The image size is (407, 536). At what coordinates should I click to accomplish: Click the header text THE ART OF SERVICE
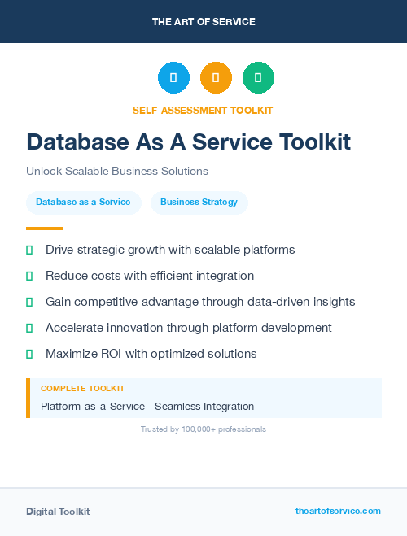[x=203, y=22]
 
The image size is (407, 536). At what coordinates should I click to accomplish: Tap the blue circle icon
[x=173, y=78]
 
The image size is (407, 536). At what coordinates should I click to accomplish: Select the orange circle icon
[x=216, y=78]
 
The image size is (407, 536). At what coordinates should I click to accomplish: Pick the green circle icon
[x=258, y=78]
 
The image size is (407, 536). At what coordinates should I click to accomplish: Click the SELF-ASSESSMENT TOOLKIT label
[x=203, y=110]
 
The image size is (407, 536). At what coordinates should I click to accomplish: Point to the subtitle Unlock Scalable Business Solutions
[x=117, y=172]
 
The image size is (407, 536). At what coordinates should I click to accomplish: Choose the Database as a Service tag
[x=83, y=203]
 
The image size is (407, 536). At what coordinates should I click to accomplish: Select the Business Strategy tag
[x=199, y=203]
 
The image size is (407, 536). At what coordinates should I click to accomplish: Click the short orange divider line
[x=44, y=229]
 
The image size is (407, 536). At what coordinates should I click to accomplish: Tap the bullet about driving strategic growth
[x=170, y=250]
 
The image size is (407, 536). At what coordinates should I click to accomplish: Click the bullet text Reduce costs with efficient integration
[x=150, y=276]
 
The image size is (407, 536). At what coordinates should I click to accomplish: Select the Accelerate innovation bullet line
[x=188, y=328]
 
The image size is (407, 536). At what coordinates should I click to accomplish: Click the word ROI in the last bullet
[x=112, y=354]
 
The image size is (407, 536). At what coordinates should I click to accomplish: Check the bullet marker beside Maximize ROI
[x=29, y=354]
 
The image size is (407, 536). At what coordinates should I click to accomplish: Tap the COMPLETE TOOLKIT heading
[x=82, y=389]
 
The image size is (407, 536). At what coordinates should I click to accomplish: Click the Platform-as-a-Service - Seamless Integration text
[x=147, y=406]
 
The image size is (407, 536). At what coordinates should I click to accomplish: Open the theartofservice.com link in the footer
[x=338, y=511]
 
